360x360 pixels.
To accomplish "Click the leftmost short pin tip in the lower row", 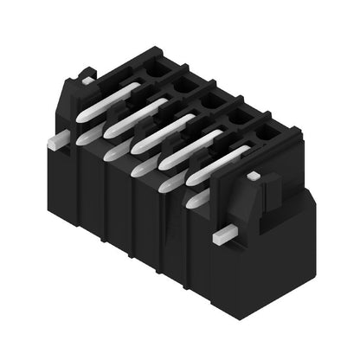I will pyautogui.click(x=86, y=137).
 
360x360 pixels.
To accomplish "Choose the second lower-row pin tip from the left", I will pyautogui.click(x=112, y=152).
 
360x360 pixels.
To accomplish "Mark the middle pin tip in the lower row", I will pyautogui.click(x=140, y=168).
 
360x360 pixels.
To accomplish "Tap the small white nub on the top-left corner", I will pyautogui.click(x=87, y=80).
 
